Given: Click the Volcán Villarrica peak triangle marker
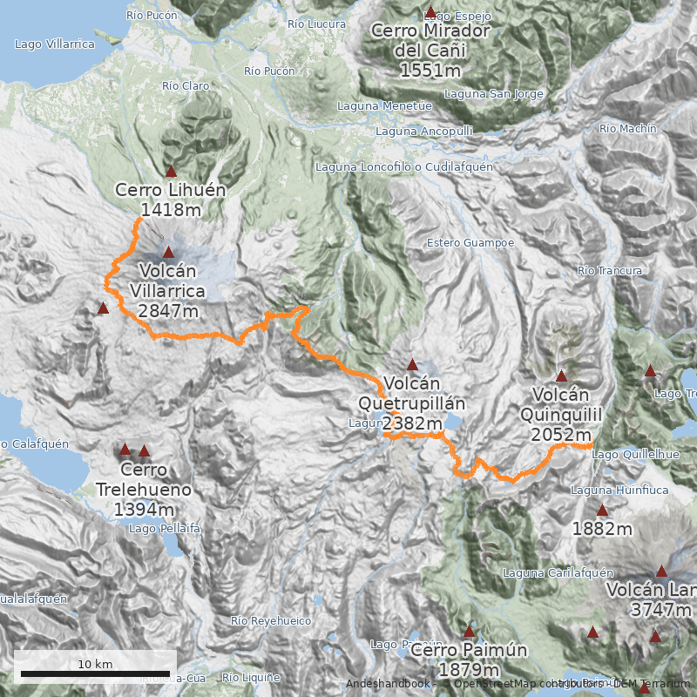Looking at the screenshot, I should coord(169,252).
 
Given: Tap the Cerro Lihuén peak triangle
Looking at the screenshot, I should coord(171,172).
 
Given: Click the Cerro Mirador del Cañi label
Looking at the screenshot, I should coord(430,51).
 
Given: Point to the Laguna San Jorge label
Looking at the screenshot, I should coord(493,94).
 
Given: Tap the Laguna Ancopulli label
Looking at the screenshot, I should coord(423,131).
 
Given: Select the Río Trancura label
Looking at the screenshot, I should coord(610,271).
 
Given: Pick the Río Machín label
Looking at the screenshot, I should coord(627,128).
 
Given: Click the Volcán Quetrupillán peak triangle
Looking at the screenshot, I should coord(412,365).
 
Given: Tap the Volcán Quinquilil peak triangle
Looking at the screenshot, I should coord(562,376).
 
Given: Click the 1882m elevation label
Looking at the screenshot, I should coord(602,528).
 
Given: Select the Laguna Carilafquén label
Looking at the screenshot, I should coord(558,572).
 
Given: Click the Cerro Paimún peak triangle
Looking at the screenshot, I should coord(469,631).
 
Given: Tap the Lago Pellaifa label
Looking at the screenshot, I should coord(165,528).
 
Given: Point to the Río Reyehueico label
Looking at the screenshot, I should coord(271,620).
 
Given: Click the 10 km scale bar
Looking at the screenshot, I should coord(96,673).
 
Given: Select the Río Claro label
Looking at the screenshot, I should coord(186,85).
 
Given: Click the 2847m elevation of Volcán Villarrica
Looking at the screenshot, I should coord(168,310).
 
